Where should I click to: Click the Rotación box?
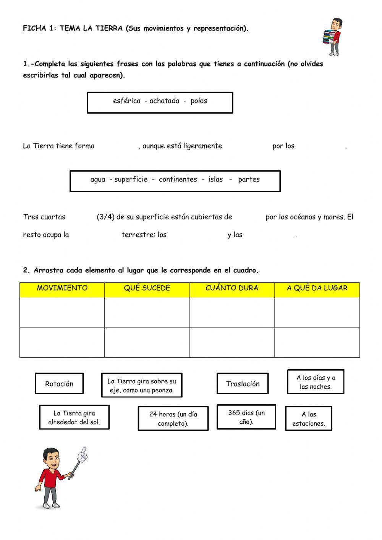pyautogui.click(x=59, y=384)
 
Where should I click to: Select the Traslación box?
pyautogui.click(x=243, y=384)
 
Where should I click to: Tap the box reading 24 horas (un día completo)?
pyautogui.click(x=173, y=418)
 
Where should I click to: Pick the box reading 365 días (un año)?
pyautogui.click(x=246, y=417)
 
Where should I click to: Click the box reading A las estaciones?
pyautogui.click(x=309, y=418)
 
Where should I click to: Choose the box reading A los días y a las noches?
pyautogui.click(x=316, y=382)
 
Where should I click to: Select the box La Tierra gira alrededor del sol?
pyautogui.click(x=74, y=417)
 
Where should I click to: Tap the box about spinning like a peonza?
pyautogui.click(x=142, y=385)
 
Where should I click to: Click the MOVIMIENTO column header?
pyautogui.click(x=62, y=288)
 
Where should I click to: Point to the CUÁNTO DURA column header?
pyautogui.click(x=232, y=288)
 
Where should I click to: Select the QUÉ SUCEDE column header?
pyautogui.click(x=147, y=288)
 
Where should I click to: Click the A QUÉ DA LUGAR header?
pyautogui.click(x=317, y=288)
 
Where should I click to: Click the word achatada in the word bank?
pyautogui.click(x=164, y=101)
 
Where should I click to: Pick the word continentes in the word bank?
pyautogui.click(x=178, y=179)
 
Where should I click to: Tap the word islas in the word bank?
pyautogui.click(x=215, y=179)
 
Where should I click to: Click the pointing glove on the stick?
pyautogui.click(x=82, y=455)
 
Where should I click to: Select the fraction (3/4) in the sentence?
pyautogui.click(x=105, y=217)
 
